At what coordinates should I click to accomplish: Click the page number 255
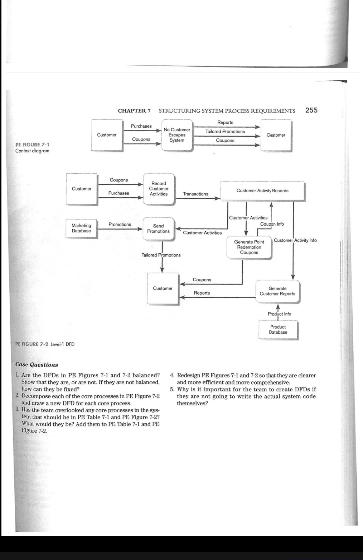pos(311,110)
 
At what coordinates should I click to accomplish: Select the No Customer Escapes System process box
pos(177,135)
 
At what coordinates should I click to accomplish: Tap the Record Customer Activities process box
pos(159,189)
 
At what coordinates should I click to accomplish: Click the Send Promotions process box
pos(159,229)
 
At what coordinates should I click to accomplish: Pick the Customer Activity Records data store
pos(262,191)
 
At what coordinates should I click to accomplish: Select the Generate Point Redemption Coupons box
pos(249,247)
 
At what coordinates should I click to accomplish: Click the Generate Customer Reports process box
pos(277,291)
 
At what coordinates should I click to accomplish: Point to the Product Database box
pos(278,330)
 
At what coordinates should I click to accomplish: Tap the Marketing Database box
pos(81,228)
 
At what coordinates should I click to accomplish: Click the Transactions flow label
pos(195,194)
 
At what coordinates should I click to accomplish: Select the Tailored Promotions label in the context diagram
pos(225,132)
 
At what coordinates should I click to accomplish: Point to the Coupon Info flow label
pos(272,224)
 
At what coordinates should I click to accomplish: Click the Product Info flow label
pos(279,314)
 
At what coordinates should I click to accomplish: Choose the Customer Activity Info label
pos(295,240)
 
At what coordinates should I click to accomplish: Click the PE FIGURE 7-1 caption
pos(32,145)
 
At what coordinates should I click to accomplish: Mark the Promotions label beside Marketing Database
pos(120,225)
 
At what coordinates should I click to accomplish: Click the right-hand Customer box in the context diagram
pos(276,135)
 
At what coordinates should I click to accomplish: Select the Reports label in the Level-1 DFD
pos(202,293)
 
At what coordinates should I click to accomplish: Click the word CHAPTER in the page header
pos(132,111)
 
